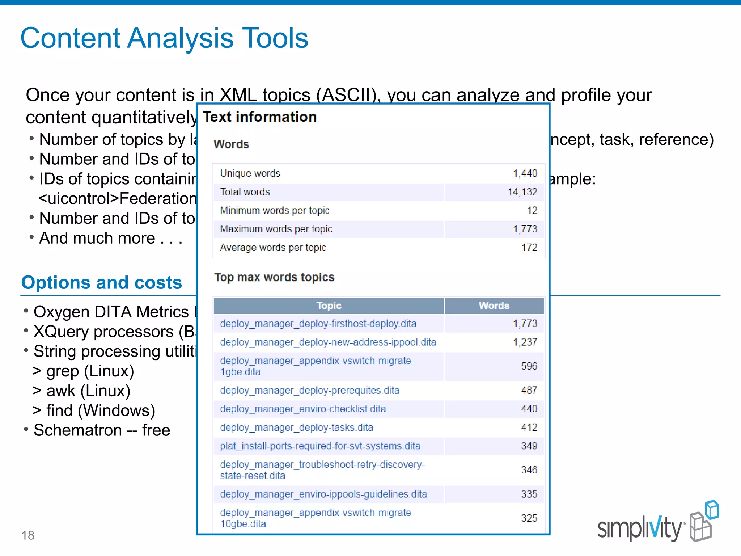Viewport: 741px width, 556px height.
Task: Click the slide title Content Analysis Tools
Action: coord(164,38)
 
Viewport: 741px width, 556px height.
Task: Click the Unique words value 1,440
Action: coord(525,173)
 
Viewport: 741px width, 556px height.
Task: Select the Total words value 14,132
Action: coord(522,192)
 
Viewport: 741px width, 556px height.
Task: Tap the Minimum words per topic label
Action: coord(274,210)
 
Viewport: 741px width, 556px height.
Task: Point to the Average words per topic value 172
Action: coord(529,248)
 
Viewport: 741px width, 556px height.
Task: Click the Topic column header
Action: coord(329,306)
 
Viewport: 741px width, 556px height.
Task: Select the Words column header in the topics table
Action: coord(494,306)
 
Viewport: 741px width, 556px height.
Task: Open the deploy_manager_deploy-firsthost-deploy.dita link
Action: coord(318,324)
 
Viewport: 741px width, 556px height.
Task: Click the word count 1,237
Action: coord(525,342)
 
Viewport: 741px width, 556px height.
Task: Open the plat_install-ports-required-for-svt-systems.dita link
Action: coord(320,446)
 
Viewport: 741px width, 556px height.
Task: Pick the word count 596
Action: coord(529,366)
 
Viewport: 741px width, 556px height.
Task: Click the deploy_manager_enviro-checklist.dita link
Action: coord(303,409)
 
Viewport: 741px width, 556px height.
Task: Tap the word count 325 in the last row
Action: coord(529,518)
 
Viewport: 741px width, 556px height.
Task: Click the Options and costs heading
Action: coord(102,282)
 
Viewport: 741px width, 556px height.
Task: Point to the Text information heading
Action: coord(259,117)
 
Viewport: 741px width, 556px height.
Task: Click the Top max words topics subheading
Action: coord(274,277)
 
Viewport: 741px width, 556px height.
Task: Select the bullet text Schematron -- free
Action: coord(102,430)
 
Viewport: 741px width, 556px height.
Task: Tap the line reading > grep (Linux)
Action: coord(84,371)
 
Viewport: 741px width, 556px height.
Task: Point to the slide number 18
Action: coord(28,535)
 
